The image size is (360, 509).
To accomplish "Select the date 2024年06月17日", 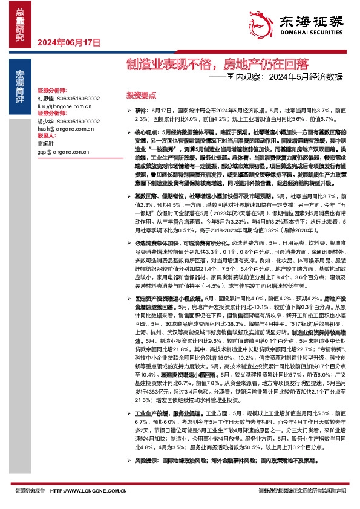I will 68,42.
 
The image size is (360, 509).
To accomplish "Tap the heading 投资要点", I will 141,96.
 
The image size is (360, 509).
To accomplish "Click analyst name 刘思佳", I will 45,98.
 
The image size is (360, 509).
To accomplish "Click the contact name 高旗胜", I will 45,144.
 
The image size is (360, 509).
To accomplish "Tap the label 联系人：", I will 47,137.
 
